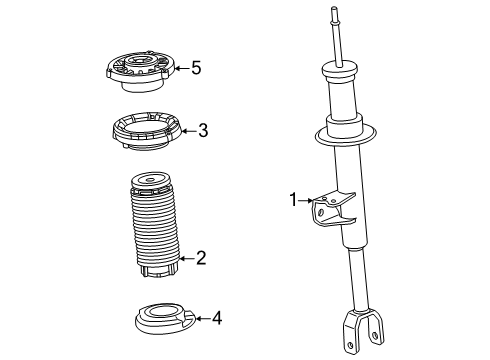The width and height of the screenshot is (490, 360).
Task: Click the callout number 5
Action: (196, 68)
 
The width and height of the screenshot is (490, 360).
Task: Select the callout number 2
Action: (200, 259)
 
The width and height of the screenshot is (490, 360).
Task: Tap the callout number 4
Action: (216, 318)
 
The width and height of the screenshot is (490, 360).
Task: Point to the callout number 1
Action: (294, 200)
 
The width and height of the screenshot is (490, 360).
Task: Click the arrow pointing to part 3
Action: (186, 129)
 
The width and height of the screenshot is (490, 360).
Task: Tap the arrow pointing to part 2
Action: (185, 259)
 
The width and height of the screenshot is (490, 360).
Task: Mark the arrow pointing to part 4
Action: (200, 318)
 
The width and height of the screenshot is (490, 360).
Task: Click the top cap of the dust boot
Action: (150, 183)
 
